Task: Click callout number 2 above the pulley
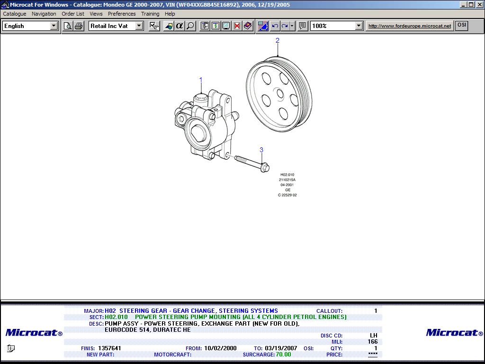[278, 40]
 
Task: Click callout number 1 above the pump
[201, 80]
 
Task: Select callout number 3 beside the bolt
[261, 150]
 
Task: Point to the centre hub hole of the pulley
[280, 93]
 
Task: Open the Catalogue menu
[15, 14]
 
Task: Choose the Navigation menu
[44, 14]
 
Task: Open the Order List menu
[72, 14]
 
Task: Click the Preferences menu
[122, 14]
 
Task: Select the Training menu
[150, 14]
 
